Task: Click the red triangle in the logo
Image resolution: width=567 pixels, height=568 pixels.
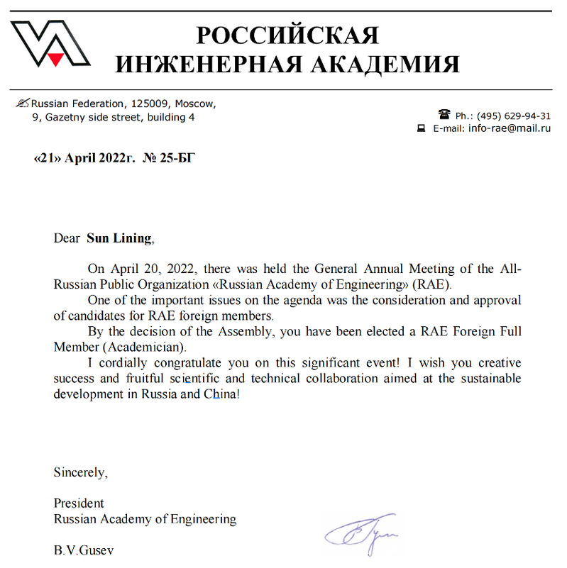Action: click(x=55, y=60)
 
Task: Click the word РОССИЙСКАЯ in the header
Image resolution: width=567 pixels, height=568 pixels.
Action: click(x=287, y=35)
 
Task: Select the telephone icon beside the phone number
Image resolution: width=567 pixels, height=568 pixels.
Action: click(x=445, y=114)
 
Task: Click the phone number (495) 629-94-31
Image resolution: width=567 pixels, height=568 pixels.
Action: click(x=514, y=116)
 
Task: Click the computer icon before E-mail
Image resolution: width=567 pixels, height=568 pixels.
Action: click(x=420, y=128)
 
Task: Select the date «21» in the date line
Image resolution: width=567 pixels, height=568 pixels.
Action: click(x=48, y=158)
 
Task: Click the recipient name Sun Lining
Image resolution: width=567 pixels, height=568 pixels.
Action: click(x=119, y=238)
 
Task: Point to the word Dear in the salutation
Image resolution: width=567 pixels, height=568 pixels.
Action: click(x=67, y=238)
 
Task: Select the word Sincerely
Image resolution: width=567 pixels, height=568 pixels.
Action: click(x=80, y=472)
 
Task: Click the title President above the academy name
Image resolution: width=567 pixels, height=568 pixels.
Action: click(x=79, y=503)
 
